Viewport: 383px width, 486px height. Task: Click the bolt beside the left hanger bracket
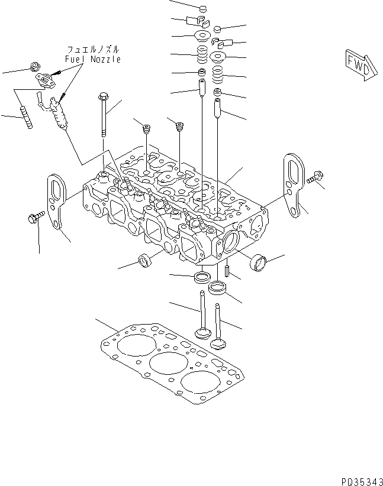(34, 218)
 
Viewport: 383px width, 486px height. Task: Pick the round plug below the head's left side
(143, 262)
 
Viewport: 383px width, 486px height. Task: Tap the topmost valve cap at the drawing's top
(202, 9)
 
